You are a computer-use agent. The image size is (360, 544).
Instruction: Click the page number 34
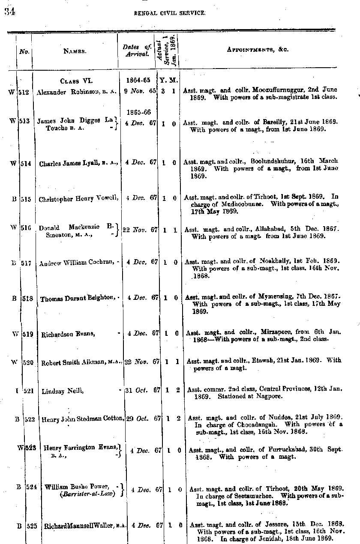[9, 12]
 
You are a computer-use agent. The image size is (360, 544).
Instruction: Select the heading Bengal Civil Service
[170, 13]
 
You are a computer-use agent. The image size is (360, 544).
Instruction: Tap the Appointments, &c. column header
[258, 49]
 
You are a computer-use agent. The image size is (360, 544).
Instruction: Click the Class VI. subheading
[76, 80]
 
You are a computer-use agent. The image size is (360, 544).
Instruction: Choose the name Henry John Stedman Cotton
[83, 419]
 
